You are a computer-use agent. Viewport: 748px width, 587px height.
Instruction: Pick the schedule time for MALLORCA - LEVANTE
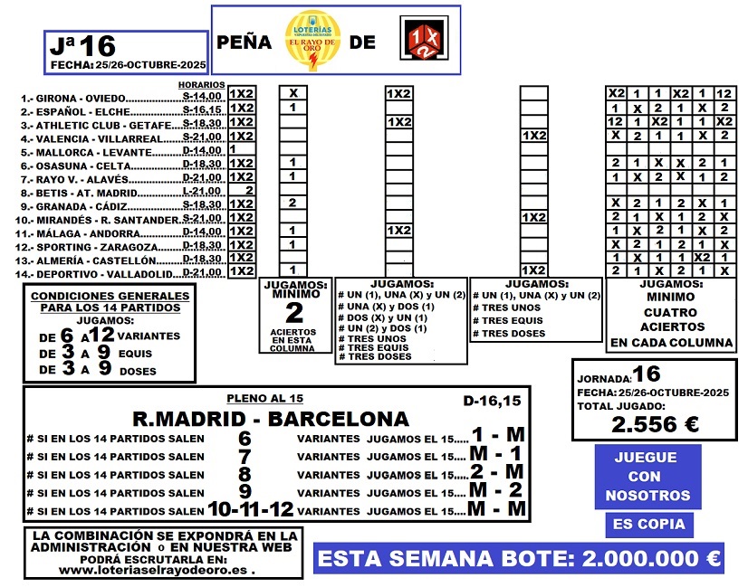click(202, 150)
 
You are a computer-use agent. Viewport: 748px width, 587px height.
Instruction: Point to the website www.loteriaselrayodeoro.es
click(156, 571)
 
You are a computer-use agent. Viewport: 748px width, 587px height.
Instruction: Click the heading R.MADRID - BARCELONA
click(270, 419)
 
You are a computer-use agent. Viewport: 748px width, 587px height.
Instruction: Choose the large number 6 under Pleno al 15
click(243, 439)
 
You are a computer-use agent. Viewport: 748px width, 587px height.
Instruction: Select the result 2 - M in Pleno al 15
click(496, 474)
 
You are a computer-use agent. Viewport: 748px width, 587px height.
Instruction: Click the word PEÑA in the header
click(244, 42)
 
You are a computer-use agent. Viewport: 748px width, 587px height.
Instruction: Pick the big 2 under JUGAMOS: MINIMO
click(293, 313)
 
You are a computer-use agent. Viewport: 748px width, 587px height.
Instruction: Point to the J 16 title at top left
click(82, 45)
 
